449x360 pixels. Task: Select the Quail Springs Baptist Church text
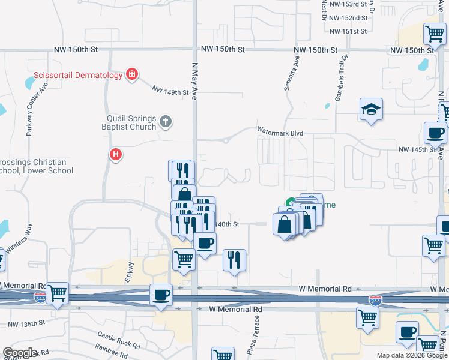131,122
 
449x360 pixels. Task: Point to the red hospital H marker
116,155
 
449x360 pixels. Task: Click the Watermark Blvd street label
280,131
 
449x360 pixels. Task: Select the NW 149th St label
170,91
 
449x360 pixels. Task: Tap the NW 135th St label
26,324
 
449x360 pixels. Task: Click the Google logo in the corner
20,353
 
